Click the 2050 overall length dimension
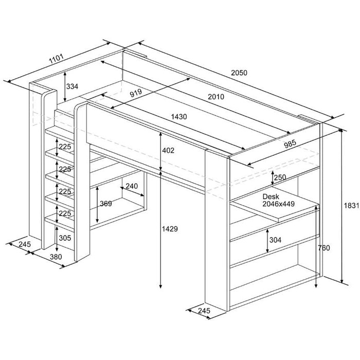click(239, 73)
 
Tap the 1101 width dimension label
click(56, 59)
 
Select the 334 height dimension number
click(72, 86)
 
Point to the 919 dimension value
click(136, 93)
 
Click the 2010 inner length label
click(216, 97)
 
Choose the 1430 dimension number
click(179, 117)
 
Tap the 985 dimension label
click(290, 144)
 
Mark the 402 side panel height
click(168, 150)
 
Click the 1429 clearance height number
click(170, 229)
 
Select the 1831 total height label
click(351, 205)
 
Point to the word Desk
click(271, 196)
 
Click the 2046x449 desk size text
click(279, 204)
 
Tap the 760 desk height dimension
click(323, 248)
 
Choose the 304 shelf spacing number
click(275, 240)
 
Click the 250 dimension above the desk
click(280, 177)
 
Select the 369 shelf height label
click(106, 204)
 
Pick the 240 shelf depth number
click(132, 186)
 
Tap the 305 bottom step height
click(65, 238)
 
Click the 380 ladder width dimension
click(56, 257)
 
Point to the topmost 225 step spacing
click(65, 147)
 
